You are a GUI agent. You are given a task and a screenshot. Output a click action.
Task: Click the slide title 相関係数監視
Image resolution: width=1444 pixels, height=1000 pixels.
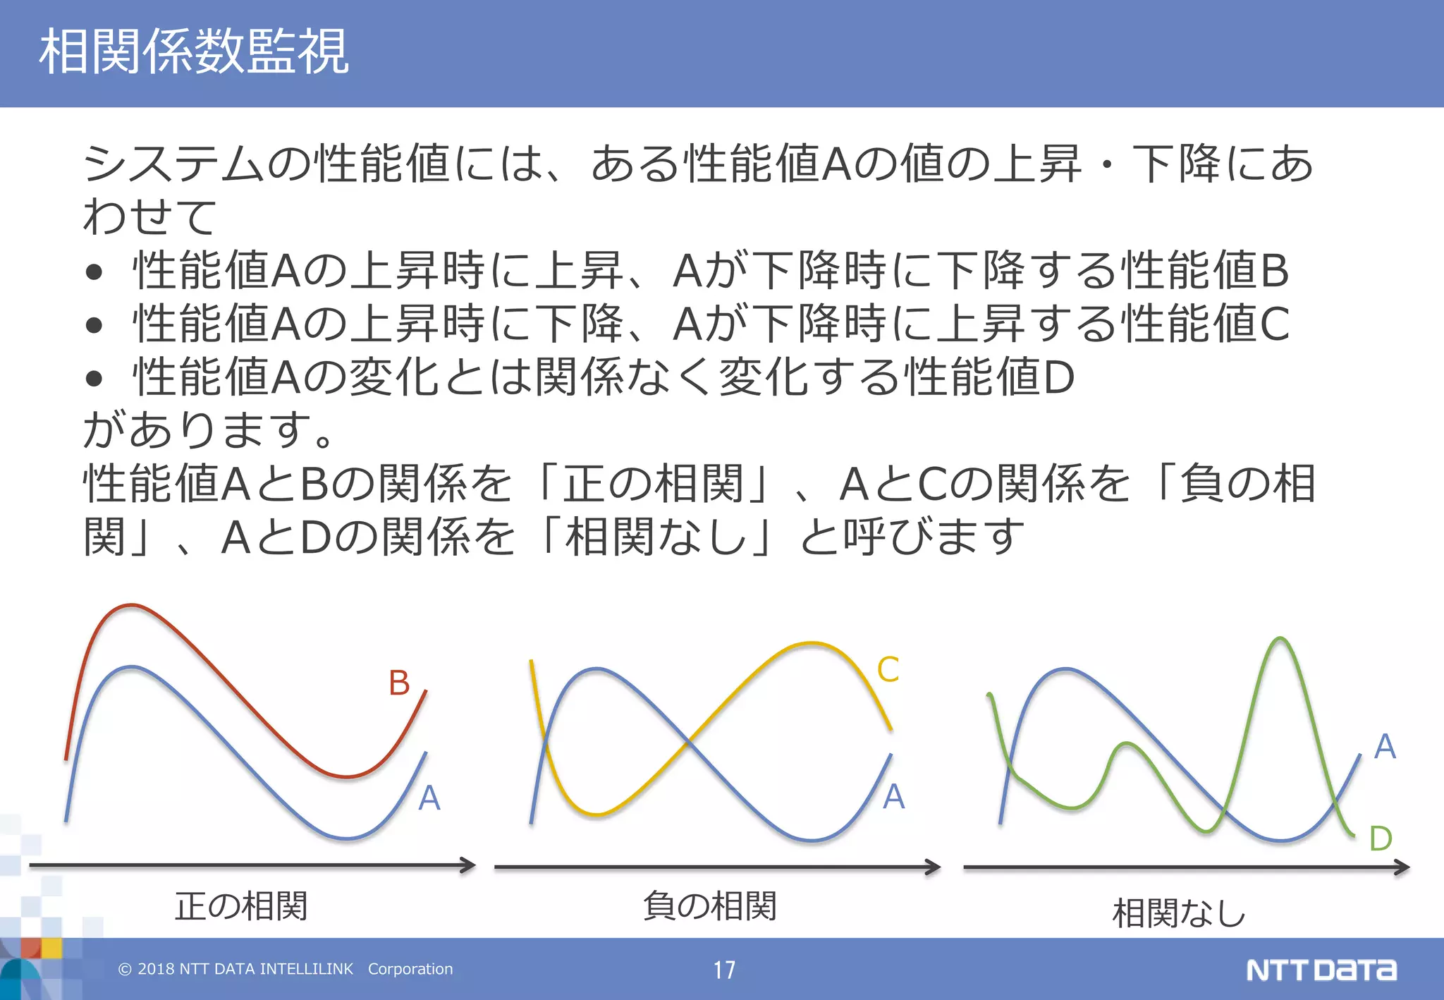coord(194,51)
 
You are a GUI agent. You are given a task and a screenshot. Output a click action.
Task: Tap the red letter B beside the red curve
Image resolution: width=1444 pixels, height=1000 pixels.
coord(399,683)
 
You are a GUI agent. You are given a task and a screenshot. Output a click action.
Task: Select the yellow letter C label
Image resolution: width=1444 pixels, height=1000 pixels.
coord(888,669)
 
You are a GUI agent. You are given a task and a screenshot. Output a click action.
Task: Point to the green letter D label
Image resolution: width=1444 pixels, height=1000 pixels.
coord(1381,839)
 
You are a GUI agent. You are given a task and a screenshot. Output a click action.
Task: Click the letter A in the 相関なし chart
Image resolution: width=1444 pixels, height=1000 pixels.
coord(1385,746)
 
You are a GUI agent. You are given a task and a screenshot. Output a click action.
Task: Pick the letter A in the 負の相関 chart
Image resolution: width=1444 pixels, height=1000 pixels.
coord(893,796)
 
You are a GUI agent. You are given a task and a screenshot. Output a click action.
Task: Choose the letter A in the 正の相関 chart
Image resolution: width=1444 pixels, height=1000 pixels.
coord(429,798)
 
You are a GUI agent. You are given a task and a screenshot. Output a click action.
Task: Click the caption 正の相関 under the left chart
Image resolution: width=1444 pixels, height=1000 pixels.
coord(241,906)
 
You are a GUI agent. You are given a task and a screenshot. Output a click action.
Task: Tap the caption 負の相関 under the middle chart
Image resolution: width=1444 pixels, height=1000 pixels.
coord(710,906)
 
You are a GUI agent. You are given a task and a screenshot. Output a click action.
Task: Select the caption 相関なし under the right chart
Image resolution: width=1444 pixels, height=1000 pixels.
coord(1179,913)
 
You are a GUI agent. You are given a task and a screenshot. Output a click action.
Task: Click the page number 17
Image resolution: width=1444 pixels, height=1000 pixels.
coord(724,970)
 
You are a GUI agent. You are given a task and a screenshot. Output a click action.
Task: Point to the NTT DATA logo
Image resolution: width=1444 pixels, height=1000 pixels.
coord(1321,970)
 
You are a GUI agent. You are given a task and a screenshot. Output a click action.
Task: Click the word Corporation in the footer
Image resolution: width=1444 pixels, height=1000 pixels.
coord(410,969)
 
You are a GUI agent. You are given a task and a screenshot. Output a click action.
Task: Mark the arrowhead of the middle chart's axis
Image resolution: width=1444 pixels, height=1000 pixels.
coord(934,867)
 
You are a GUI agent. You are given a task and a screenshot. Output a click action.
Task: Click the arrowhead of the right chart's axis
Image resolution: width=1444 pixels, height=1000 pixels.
coord(1402,867)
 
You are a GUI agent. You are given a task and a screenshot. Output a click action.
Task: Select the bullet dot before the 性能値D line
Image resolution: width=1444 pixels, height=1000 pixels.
coord(94,379)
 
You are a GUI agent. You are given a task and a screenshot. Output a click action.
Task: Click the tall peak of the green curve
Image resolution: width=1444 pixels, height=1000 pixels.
coord(1280,640)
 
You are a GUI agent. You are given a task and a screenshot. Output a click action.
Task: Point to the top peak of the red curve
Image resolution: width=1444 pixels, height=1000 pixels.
coord(131,606)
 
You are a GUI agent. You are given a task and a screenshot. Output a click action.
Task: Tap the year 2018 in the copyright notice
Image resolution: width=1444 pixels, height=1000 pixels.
coord(156,969)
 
